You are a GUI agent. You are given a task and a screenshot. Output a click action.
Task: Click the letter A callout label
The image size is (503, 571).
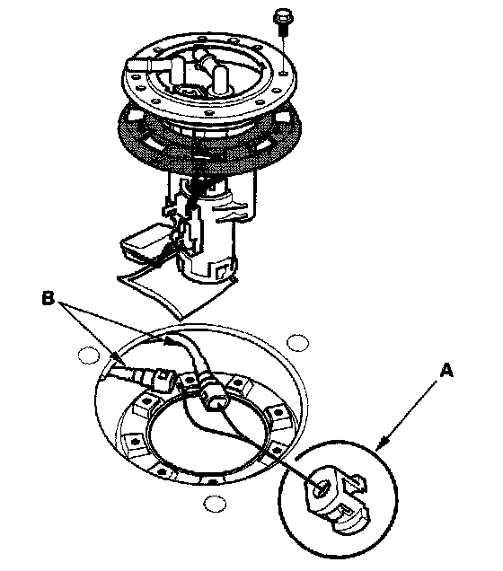[446, 371]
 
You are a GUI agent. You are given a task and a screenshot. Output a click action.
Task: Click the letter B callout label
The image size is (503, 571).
[49, 298]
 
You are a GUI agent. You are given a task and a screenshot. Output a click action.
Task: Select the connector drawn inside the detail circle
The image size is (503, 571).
[338, 498]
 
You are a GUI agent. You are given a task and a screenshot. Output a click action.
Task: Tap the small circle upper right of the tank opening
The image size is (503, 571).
[298, 343]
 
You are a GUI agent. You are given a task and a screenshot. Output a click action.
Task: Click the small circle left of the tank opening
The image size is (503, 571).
[88, 355]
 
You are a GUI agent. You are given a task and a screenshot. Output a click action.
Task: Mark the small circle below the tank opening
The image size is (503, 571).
[215, 504]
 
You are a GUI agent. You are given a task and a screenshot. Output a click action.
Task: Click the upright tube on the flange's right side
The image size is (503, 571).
[220, 81]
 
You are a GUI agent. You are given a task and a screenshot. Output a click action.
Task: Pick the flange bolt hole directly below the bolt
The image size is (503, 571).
[283, 74]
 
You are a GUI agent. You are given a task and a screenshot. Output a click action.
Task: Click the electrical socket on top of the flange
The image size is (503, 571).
[190, 92]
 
